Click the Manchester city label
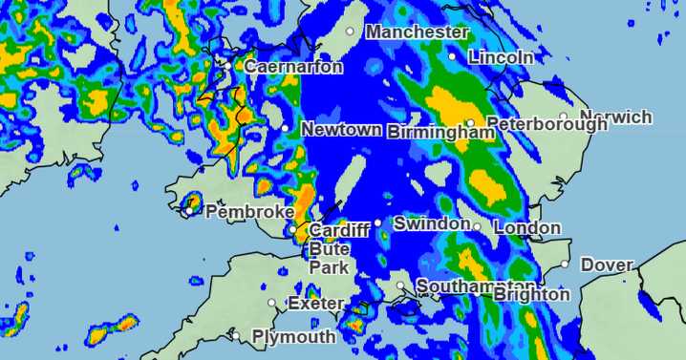(417, 32)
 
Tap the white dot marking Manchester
(351, 32)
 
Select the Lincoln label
(501, 57)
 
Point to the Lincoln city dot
(453, 56)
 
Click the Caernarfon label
(293, 68)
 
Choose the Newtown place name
(341, 129)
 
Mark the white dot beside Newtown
(286, 128)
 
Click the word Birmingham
(440, 133)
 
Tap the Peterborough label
(547, 124)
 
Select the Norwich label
(615, 117)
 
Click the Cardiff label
(339, 231)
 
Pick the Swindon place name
(432, 223)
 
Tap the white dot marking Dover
(566, 265)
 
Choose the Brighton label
(531, 295)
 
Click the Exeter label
(315, 304)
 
